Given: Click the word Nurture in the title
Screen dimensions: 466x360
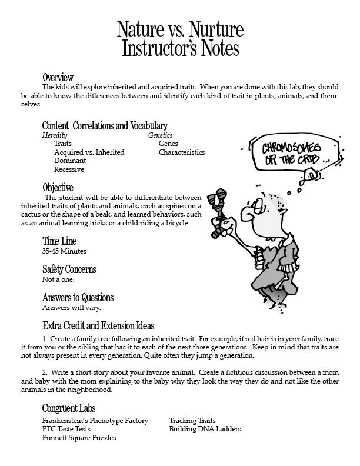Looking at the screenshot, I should [212, 29].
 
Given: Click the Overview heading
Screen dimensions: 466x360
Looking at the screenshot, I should [58, 77].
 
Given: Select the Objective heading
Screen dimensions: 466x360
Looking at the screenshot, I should [58, 188].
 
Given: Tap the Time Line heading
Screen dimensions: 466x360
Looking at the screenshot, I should [59, 241].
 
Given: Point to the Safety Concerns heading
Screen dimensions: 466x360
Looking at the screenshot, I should [69, 269].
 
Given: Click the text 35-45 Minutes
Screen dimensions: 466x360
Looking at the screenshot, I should [64, 251].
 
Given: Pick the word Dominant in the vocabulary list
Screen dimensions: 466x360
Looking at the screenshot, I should [70, 161].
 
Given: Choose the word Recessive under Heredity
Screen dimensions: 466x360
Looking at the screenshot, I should [69, 169].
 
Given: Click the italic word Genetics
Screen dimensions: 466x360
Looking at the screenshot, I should [160, 135].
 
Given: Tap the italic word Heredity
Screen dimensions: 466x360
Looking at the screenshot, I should [55, 135].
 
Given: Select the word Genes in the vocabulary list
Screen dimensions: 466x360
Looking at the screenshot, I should [168, 144].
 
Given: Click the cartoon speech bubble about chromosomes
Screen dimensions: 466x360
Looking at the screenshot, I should [288, 155].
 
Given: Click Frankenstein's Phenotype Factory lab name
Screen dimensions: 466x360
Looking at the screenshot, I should [95, 421].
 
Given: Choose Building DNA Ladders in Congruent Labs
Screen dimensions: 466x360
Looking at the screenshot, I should [205, 430].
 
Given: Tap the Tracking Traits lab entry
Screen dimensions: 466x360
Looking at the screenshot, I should [192, 421].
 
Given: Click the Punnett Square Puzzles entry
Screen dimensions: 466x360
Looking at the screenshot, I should [79, 438].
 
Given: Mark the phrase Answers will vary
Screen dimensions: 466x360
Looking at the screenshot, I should [71, 308].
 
